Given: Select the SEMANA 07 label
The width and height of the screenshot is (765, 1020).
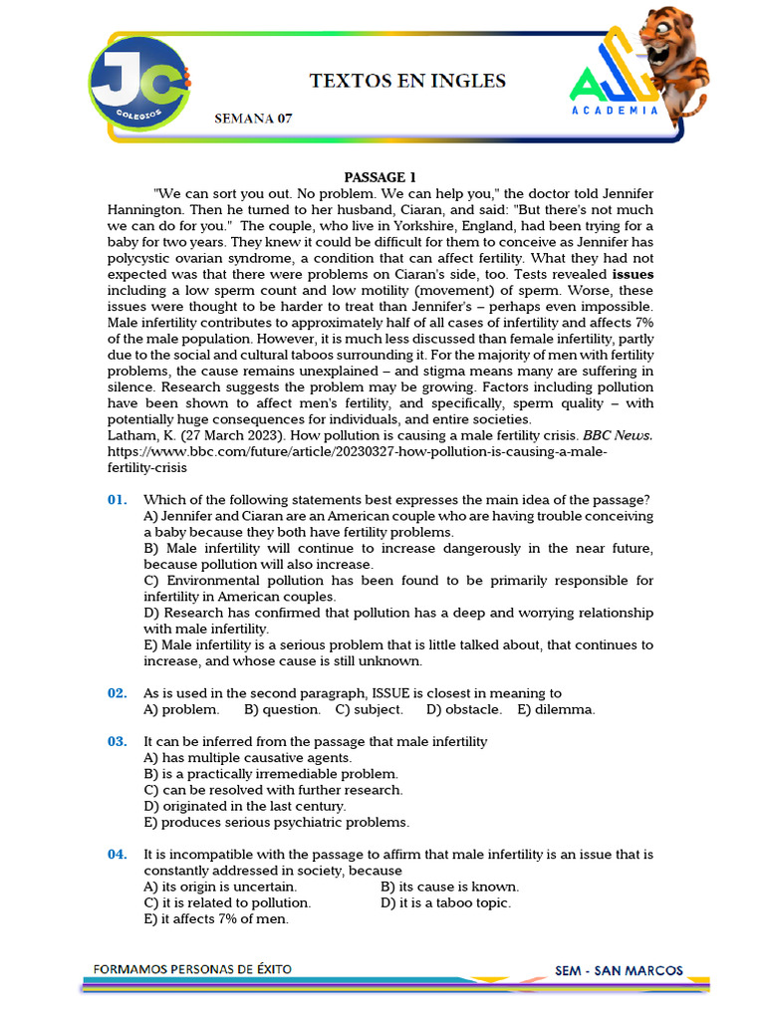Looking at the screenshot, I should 254,119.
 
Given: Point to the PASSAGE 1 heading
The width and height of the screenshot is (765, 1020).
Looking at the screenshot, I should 382,177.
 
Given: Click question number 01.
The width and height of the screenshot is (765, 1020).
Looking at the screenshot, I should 118,500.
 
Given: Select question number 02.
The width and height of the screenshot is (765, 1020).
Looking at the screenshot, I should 118,693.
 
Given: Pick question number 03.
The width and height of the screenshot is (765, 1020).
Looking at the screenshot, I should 118,742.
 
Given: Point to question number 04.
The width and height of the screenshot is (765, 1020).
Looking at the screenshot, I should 118,855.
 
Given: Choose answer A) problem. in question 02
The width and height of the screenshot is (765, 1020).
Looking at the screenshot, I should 181,709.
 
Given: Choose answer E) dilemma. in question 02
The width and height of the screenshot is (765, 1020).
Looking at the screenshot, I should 556,709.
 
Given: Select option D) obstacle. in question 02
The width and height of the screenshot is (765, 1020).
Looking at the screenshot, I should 463,709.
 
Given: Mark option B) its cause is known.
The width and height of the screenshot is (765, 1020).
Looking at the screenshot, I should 449,887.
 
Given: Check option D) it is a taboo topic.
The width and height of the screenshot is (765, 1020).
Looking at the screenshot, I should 445,902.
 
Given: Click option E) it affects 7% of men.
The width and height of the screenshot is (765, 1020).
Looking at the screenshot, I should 216,918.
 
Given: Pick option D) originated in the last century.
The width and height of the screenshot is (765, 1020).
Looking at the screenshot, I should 245,806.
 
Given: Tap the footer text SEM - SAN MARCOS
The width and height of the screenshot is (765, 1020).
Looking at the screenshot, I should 619,969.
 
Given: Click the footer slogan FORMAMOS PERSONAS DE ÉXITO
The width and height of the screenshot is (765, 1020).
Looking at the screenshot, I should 192,968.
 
